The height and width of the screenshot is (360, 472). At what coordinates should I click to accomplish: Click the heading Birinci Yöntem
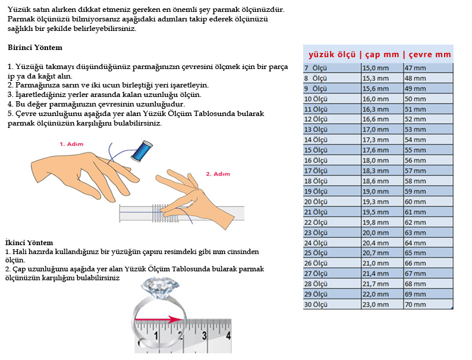click(35, 47)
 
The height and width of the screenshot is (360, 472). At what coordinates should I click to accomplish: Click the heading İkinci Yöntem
click(29, 242)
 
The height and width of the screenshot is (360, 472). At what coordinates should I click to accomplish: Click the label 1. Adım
click(72, 144)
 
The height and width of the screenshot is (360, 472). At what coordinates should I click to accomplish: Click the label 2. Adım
click(218, 174)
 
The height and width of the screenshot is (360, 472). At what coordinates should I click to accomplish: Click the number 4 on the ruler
click(228, 336)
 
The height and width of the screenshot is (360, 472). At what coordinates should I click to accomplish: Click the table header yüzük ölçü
click(332, 55)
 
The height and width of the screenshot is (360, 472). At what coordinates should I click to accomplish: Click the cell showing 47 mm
click(416, 68)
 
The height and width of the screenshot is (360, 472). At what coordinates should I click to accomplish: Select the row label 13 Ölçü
click(316, 130)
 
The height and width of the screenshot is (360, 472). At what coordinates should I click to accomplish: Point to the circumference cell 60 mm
click(416, 202)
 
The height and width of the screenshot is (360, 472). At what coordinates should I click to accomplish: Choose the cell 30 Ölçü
click(316, 305)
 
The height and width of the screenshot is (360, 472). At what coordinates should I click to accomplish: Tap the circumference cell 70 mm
click(416, 305)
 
